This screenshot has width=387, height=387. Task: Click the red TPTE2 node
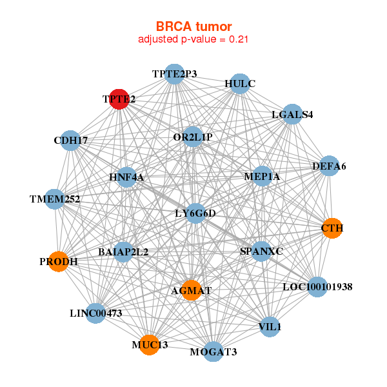coord(119,99)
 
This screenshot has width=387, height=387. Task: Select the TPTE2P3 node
coord(174,74)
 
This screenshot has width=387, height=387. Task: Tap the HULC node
coord(240,84)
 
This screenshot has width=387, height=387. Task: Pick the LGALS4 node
coord(292,115)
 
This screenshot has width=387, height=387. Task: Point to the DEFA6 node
coord(329,166)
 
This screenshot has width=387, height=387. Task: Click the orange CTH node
coord(332,228)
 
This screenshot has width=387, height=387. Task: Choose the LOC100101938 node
coord(317,286)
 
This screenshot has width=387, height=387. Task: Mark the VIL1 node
coord(270,327)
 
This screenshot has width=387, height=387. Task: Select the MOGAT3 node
coord(213,352)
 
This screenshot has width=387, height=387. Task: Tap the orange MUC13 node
coord(150,345)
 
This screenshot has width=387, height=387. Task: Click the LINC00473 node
coord(95,313)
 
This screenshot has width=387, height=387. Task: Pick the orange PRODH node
coord(59,262)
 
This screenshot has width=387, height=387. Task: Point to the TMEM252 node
coord(55,199)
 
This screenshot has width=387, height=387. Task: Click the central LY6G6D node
coord(195,213)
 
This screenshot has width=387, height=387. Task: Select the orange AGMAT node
coord(192,291)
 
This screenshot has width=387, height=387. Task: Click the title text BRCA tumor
coord(193,26)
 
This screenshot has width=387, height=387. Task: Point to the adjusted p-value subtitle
coord(193,39)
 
